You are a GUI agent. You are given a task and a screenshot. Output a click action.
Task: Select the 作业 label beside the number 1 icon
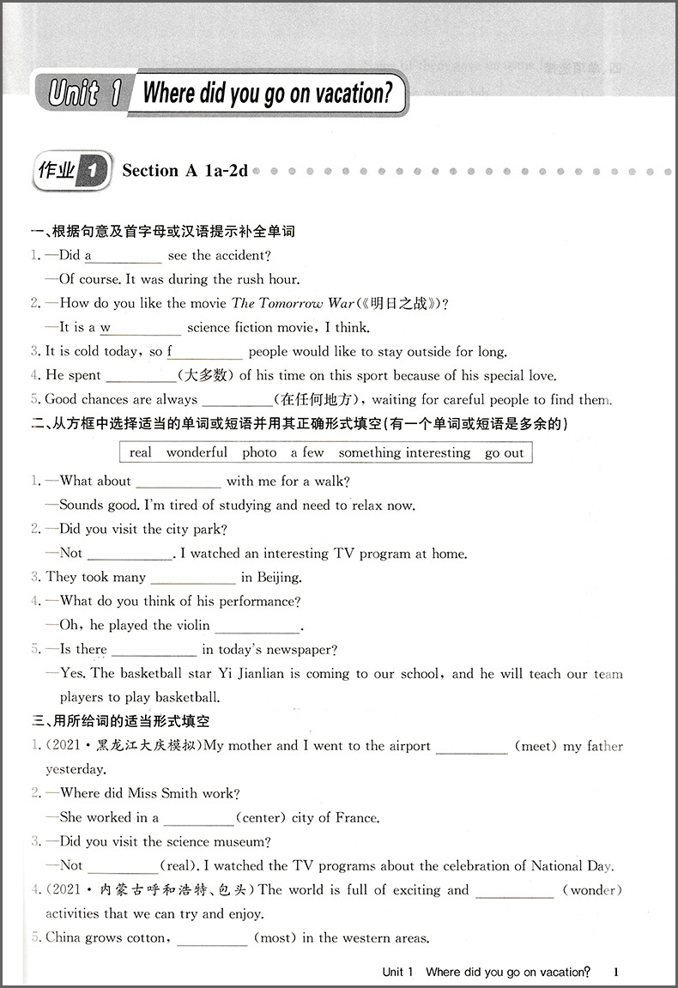(57, 171)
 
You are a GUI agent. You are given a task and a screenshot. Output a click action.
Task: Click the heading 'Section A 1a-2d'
(185, 171)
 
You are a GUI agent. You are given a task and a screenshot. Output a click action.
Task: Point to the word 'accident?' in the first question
(241, 256)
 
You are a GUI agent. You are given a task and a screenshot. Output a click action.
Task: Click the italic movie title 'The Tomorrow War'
(277, 303)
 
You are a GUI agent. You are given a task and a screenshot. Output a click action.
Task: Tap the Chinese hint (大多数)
(206, 375)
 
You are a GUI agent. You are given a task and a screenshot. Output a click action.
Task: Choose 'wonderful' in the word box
(197, 452)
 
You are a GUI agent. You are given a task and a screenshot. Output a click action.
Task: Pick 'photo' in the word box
(259, 452)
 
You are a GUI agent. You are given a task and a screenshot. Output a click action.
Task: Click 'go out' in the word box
(504, 452)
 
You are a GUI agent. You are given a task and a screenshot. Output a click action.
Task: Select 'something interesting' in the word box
(404, 452)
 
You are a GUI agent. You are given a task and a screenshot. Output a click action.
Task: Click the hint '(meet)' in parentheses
(536, 746)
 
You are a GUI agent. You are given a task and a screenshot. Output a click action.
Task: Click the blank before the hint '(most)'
(212, 939)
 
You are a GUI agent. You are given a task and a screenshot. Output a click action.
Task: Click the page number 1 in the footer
(615, 972)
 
